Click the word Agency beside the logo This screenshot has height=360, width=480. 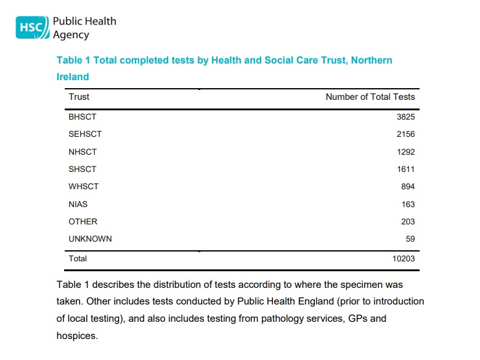[x=71, y=35]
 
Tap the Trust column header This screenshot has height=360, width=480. [x=79, y=97]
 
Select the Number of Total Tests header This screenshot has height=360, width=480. [x=370, y=97]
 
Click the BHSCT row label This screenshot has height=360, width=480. [x=83, y=117]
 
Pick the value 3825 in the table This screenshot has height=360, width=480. [x=405, y=117]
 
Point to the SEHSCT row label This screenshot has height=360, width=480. [x=85, y=134]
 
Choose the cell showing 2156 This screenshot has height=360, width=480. [x=405, y=134]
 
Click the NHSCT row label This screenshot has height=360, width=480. [x=83, y=152]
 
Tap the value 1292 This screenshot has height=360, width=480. [x=405, y=152]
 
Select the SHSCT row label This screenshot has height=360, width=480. [x=83, y=169]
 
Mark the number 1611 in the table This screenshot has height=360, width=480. [x=405, y=169]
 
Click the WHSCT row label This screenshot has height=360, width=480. [x=83, y=186]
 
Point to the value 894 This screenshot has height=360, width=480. [x=407, y=186]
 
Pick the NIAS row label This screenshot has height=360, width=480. [x=78, y=204]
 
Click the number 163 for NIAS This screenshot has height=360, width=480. [x=407, y=204]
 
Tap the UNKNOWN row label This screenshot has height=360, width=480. [x=90, y=239]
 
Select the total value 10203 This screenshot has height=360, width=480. [x=404, y=258]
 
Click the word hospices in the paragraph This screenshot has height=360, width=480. [x=76, y=337]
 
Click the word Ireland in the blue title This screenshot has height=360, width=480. [x=73, y=77]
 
